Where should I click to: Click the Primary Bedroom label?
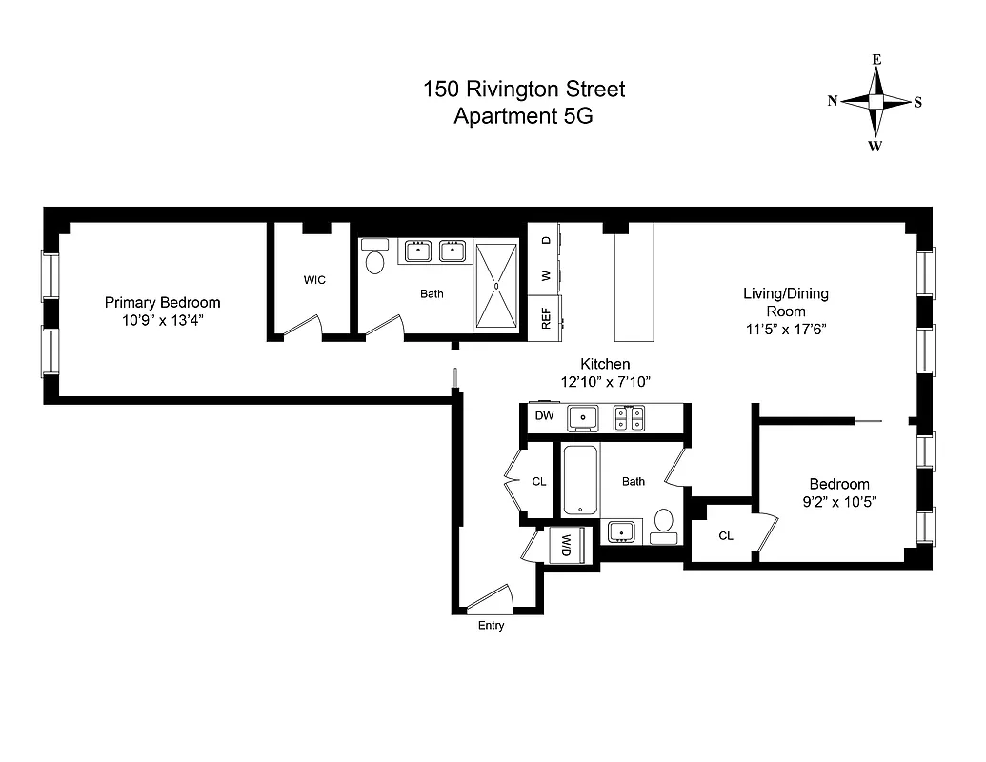pos(162,302)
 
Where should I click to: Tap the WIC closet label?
pos(314,280)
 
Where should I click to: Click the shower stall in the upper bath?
pos(496,285)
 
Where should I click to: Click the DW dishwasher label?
pos(544,416)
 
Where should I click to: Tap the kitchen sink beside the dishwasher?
pos(582,417)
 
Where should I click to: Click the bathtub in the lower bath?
pos(579,481)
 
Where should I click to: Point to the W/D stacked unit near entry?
pos(566,546)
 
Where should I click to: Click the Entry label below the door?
pos(491,626)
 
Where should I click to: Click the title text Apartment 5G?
pos(524,116)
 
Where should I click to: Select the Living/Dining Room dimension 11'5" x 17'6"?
pos(786,329)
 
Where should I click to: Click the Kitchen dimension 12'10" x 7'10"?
pos(605,381)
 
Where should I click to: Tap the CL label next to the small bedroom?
pos(726,536)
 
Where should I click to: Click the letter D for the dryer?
pos(546,240)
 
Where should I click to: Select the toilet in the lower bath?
pos(664,522)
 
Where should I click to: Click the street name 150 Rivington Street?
pos(524,90)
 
